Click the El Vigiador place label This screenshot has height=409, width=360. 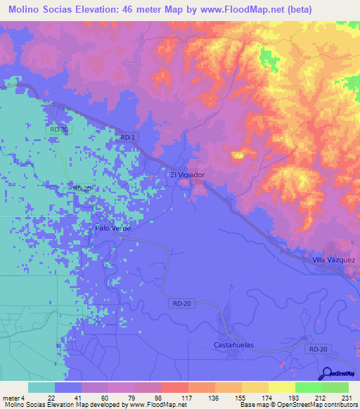[x=187, y=174]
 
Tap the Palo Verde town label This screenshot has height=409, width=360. [x=113, y=228]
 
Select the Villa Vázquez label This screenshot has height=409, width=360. [x=334, y=260]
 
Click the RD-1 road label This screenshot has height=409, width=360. [x=127, y=138]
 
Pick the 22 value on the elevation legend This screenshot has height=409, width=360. [x=52, y=397]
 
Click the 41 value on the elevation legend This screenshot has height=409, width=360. [x=79, y=397]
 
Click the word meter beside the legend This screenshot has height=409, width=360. [x=12, y=397]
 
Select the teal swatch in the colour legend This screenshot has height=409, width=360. [x=41, y=387]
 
